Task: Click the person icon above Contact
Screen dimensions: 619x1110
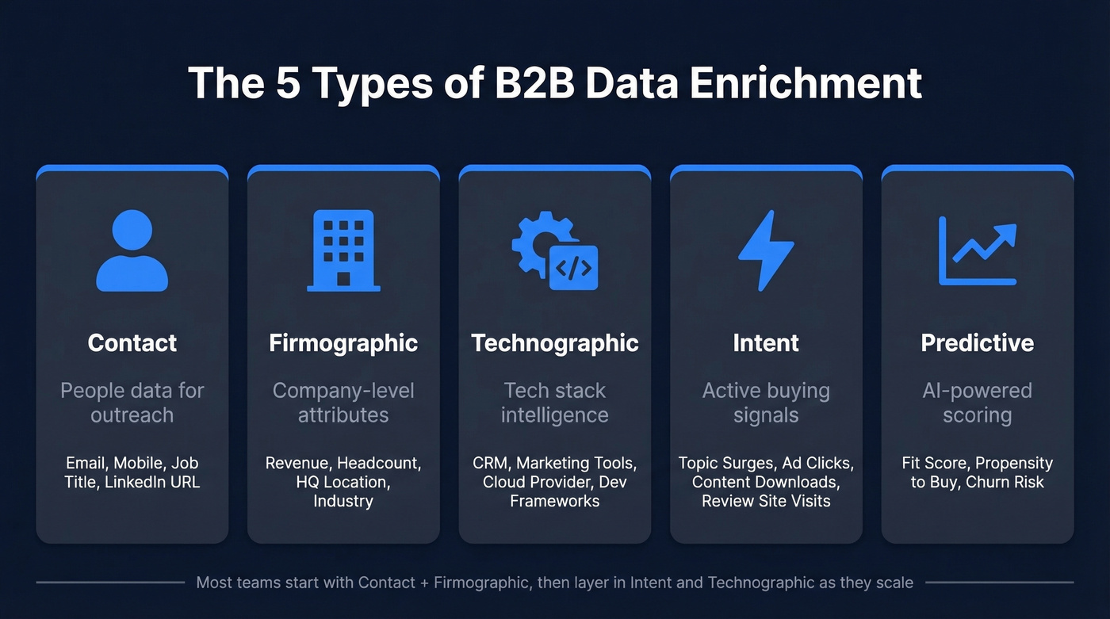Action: coord(132,250)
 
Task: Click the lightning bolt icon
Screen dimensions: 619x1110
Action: coord(765,250)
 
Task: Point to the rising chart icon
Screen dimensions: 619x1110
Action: coord(977,250)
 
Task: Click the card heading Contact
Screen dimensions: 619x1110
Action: coord(132,342)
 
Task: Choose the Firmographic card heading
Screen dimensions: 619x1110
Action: coord(343,342)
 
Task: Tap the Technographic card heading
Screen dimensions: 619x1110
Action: coord(555,342)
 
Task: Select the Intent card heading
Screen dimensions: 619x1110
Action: coord(766,342)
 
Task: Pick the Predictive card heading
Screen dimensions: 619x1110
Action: coord(977,342)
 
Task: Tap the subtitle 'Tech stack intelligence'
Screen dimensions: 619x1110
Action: coord(555,403)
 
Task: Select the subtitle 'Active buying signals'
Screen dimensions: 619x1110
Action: coord(766,403)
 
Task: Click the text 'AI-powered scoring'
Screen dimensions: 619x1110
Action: coord(977,403)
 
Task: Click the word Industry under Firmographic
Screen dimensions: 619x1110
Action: coord(343,501)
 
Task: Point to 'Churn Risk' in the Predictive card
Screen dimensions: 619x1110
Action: coord(1005,482)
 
